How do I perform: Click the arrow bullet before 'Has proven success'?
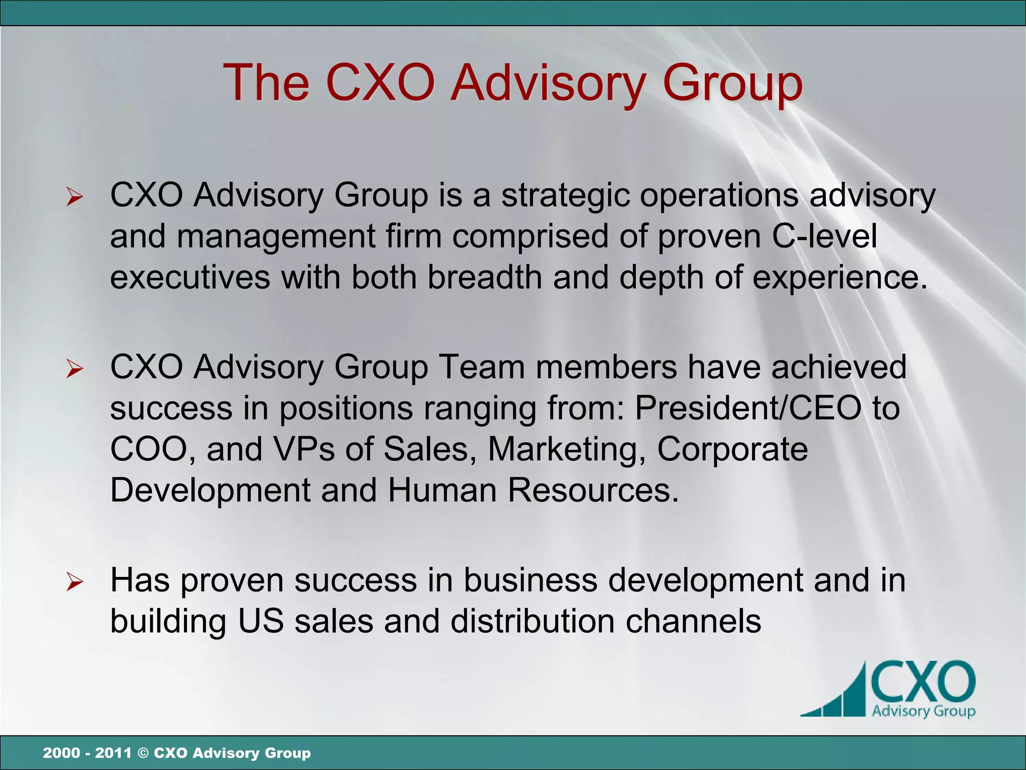[x=74, y=582]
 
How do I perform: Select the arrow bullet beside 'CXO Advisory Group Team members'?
[x=74, y=369]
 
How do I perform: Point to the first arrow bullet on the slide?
[x=74, y=197]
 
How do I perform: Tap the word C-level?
[x=824, y=237]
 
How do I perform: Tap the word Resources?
[x=593, y=490]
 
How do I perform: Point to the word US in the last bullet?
[x=261, y=622]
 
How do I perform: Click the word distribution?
[x=532, y=622]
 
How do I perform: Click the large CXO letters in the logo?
[x=923, y=683]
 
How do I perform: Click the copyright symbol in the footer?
[x=143, y=753]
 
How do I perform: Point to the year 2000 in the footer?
[x=61, y=753]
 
